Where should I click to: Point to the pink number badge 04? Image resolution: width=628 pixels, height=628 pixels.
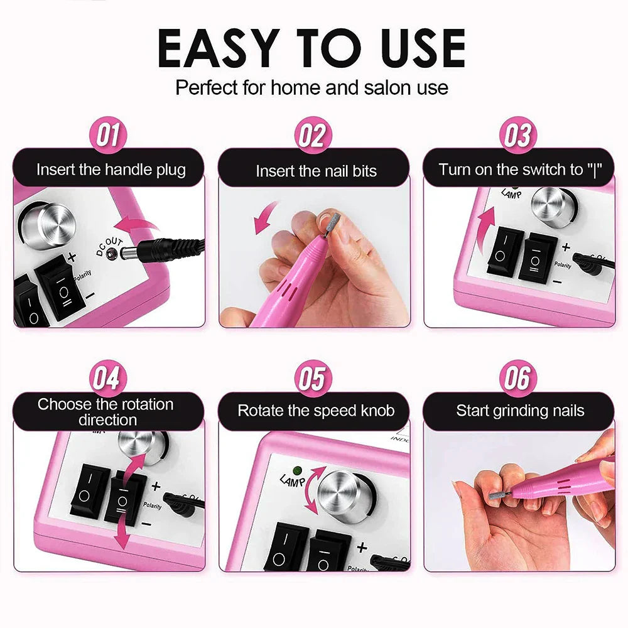click(x=109, y=379)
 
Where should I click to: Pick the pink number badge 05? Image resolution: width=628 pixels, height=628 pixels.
click(x=313, y=379)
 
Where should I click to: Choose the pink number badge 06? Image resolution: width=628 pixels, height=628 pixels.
click(x=517, y=379)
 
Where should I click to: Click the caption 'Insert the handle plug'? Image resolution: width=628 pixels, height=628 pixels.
click(x=111, y=170)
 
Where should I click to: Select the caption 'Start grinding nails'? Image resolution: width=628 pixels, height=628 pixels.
click(x=520, y=411)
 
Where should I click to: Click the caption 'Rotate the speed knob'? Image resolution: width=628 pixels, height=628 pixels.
click(x=316, y=411)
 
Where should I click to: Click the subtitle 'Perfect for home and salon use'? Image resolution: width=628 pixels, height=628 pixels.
click(x=312, y=87)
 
